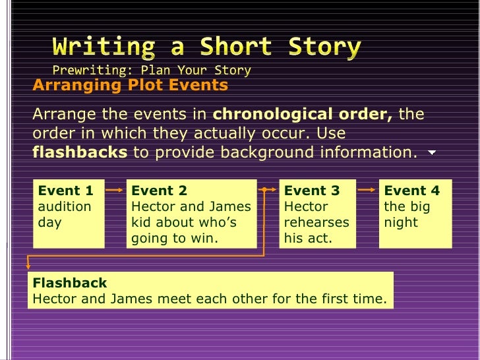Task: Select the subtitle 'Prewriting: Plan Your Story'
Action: point(152,70)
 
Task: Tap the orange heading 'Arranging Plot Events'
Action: point(130,86)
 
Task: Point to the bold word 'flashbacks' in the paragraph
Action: point(80,153)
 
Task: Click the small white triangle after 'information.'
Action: point(432,153)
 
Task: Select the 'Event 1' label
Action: point(66,191)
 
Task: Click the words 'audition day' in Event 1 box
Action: point(65,214)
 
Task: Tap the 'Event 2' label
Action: point(159,191)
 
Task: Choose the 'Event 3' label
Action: point(312,191)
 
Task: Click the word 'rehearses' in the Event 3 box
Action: point(316,223)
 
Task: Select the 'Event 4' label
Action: point(411,191)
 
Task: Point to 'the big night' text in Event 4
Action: point(407,214)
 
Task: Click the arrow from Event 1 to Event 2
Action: point(115,190)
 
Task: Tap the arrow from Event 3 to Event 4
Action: point(367,190)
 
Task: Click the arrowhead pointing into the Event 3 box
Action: point(276,190)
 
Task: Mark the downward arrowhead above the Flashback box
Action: point(28,265)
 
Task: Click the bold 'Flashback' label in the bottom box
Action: point(69,284)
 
